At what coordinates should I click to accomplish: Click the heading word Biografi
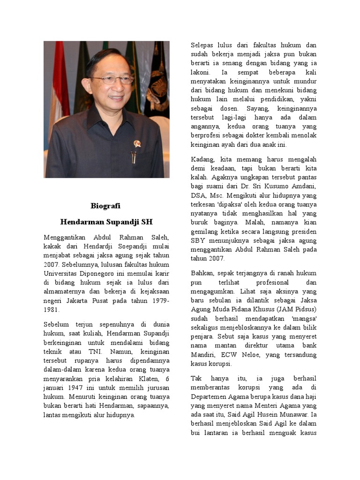(106, 206)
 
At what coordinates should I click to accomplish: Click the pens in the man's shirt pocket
(134, 157)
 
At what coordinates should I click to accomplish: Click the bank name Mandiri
(204, 355)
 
